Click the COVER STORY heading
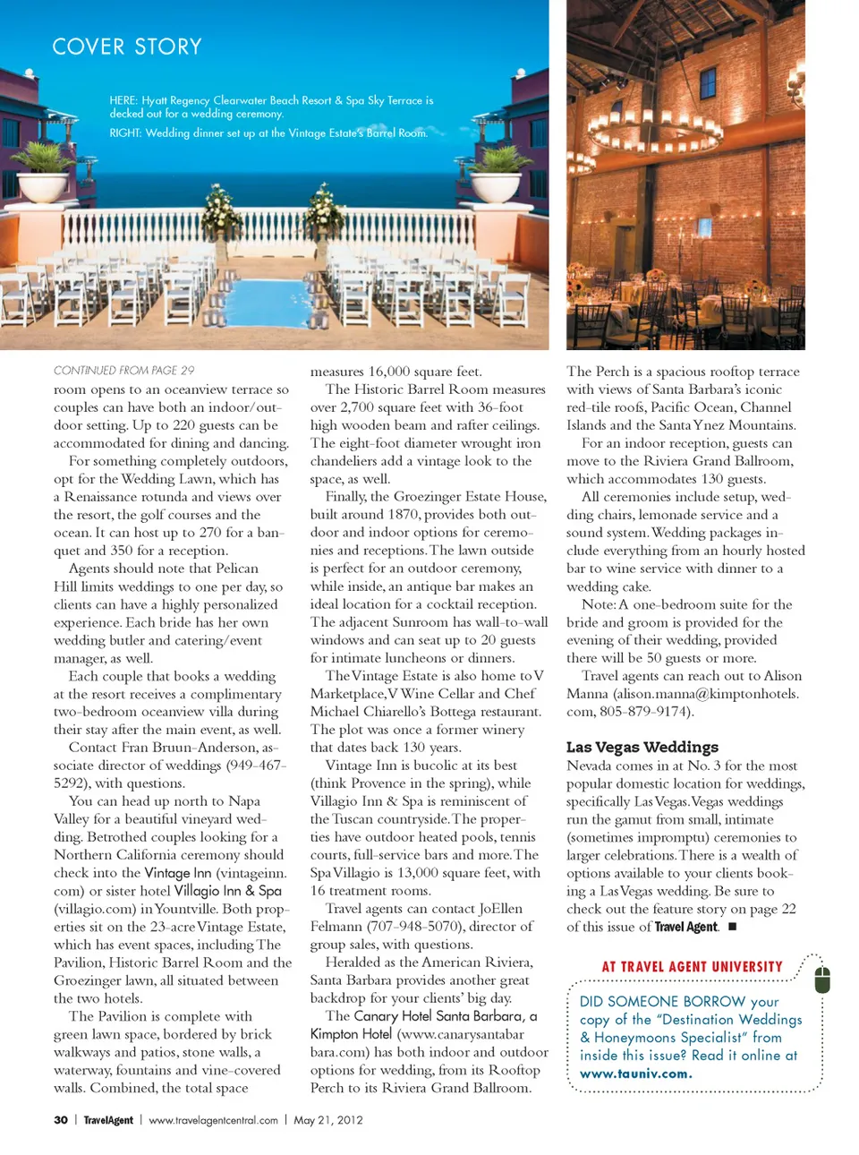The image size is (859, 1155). pos(127,47)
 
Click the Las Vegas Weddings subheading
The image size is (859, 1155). pos(642,747)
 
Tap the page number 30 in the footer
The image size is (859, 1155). pos(61,1119)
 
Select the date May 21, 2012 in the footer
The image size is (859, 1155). pos(327,1119)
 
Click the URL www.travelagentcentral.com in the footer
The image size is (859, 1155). pos(213,1119)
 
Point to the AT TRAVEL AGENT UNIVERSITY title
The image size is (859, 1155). pos(692,967)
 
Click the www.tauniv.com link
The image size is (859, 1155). pos(635,1074)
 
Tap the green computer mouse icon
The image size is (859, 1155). pos(822,980)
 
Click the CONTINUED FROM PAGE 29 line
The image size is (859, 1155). pos(123,370)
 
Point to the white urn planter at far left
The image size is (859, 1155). pos(41,184)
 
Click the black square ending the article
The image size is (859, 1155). pos(733,927)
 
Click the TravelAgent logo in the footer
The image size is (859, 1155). pos(108,1119)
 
